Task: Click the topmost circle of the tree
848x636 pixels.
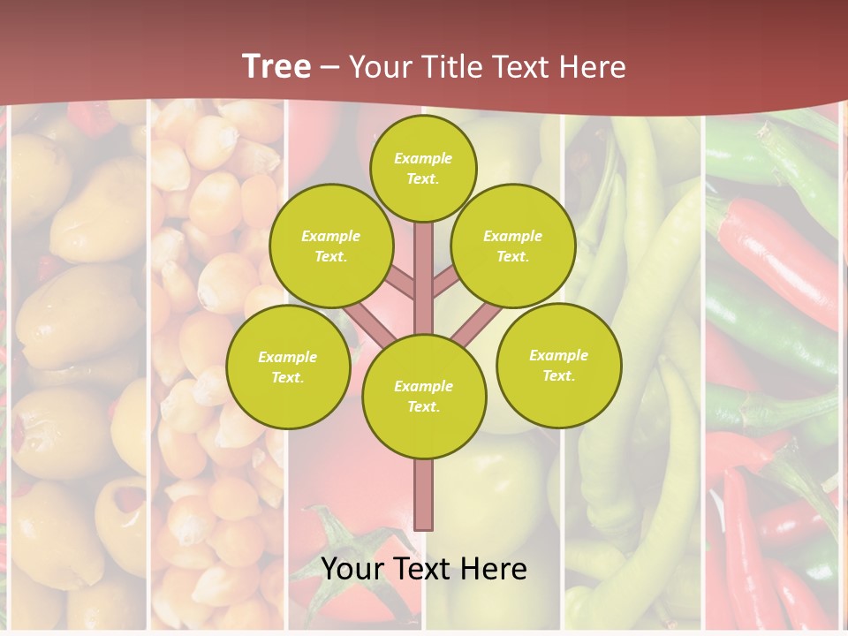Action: [423, 168]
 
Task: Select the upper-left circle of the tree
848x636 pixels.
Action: [331, 246]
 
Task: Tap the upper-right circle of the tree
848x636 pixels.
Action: [513, 246]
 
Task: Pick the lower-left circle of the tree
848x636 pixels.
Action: [288, 367]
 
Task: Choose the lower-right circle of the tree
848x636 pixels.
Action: [559, 365]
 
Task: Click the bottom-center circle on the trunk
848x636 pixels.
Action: [424, 397]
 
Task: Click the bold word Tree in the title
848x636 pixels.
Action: [276, 67]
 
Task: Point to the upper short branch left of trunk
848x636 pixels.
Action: [403, 283]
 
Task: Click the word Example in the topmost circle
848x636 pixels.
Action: [423, 158]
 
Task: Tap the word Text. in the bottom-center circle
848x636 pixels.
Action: [423, 407]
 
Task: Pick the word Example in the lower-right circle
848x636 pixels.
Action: [558, 355]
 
